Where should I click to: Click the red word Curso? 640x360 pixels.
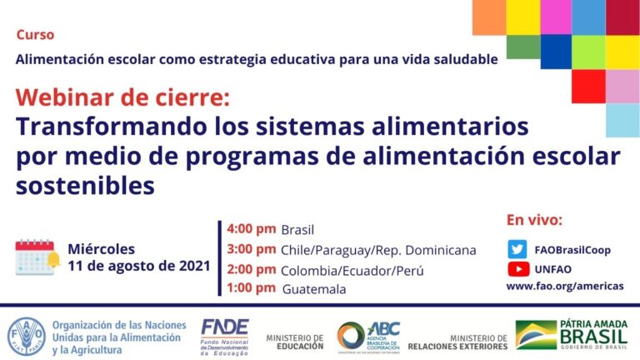point(35,35)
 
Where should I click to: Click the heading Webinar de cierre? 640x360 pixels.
point(121,97)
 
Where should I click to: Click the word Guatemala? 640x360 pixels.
point(314,289)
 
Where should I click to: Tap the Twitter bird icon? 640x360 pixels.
point(518,248)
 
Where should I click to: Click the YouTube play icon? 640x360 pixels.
point(518,268)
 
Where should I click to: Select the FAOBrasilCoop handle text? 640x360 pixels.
point(578,249)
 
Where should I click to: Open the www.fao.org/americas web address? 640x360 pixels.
point(564,286)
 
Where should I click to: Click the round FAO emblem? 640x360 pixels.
point(25,335)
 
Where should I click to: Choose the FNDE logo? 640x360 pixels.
point(224,336)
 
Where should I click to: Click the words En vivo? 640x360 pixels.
point(534,221)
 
